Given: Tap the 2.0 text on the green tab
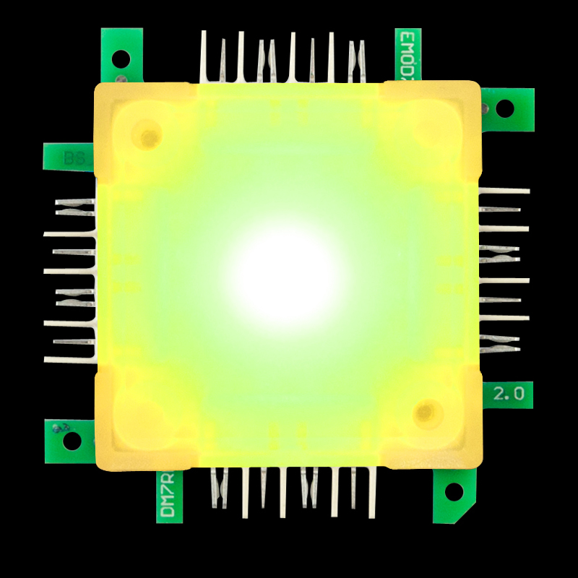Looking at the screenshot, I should click(x=508, y=394).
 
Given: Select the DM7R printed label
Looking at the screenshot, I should click(x=168, y=494).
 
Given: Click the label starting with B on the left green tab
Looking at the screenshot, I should click(x=73, y=158).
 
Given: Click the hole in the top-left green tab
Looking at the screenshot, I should click(x=121, y=59).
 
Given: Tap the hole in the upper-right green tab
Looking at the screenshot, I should click(x=505, y=108).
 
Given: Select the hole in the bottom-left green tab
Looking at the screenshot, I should click(x=72, y=440).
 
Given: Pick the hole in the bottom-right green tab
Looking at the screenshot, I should click(x=454, y=492).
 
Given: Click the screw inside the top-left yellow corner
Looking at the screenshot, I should click(x=149, y=136).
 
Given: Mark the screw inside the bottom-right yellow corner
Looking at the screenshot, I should click(x=425, y=413).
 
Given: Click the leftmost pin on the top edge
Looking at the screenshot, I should click(x=204, y=56).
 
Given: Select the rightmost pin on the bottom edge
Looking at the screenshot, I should click(x=371, y=491).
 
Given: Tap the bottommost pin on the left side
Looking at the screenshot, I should click(x=70, y=359).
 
